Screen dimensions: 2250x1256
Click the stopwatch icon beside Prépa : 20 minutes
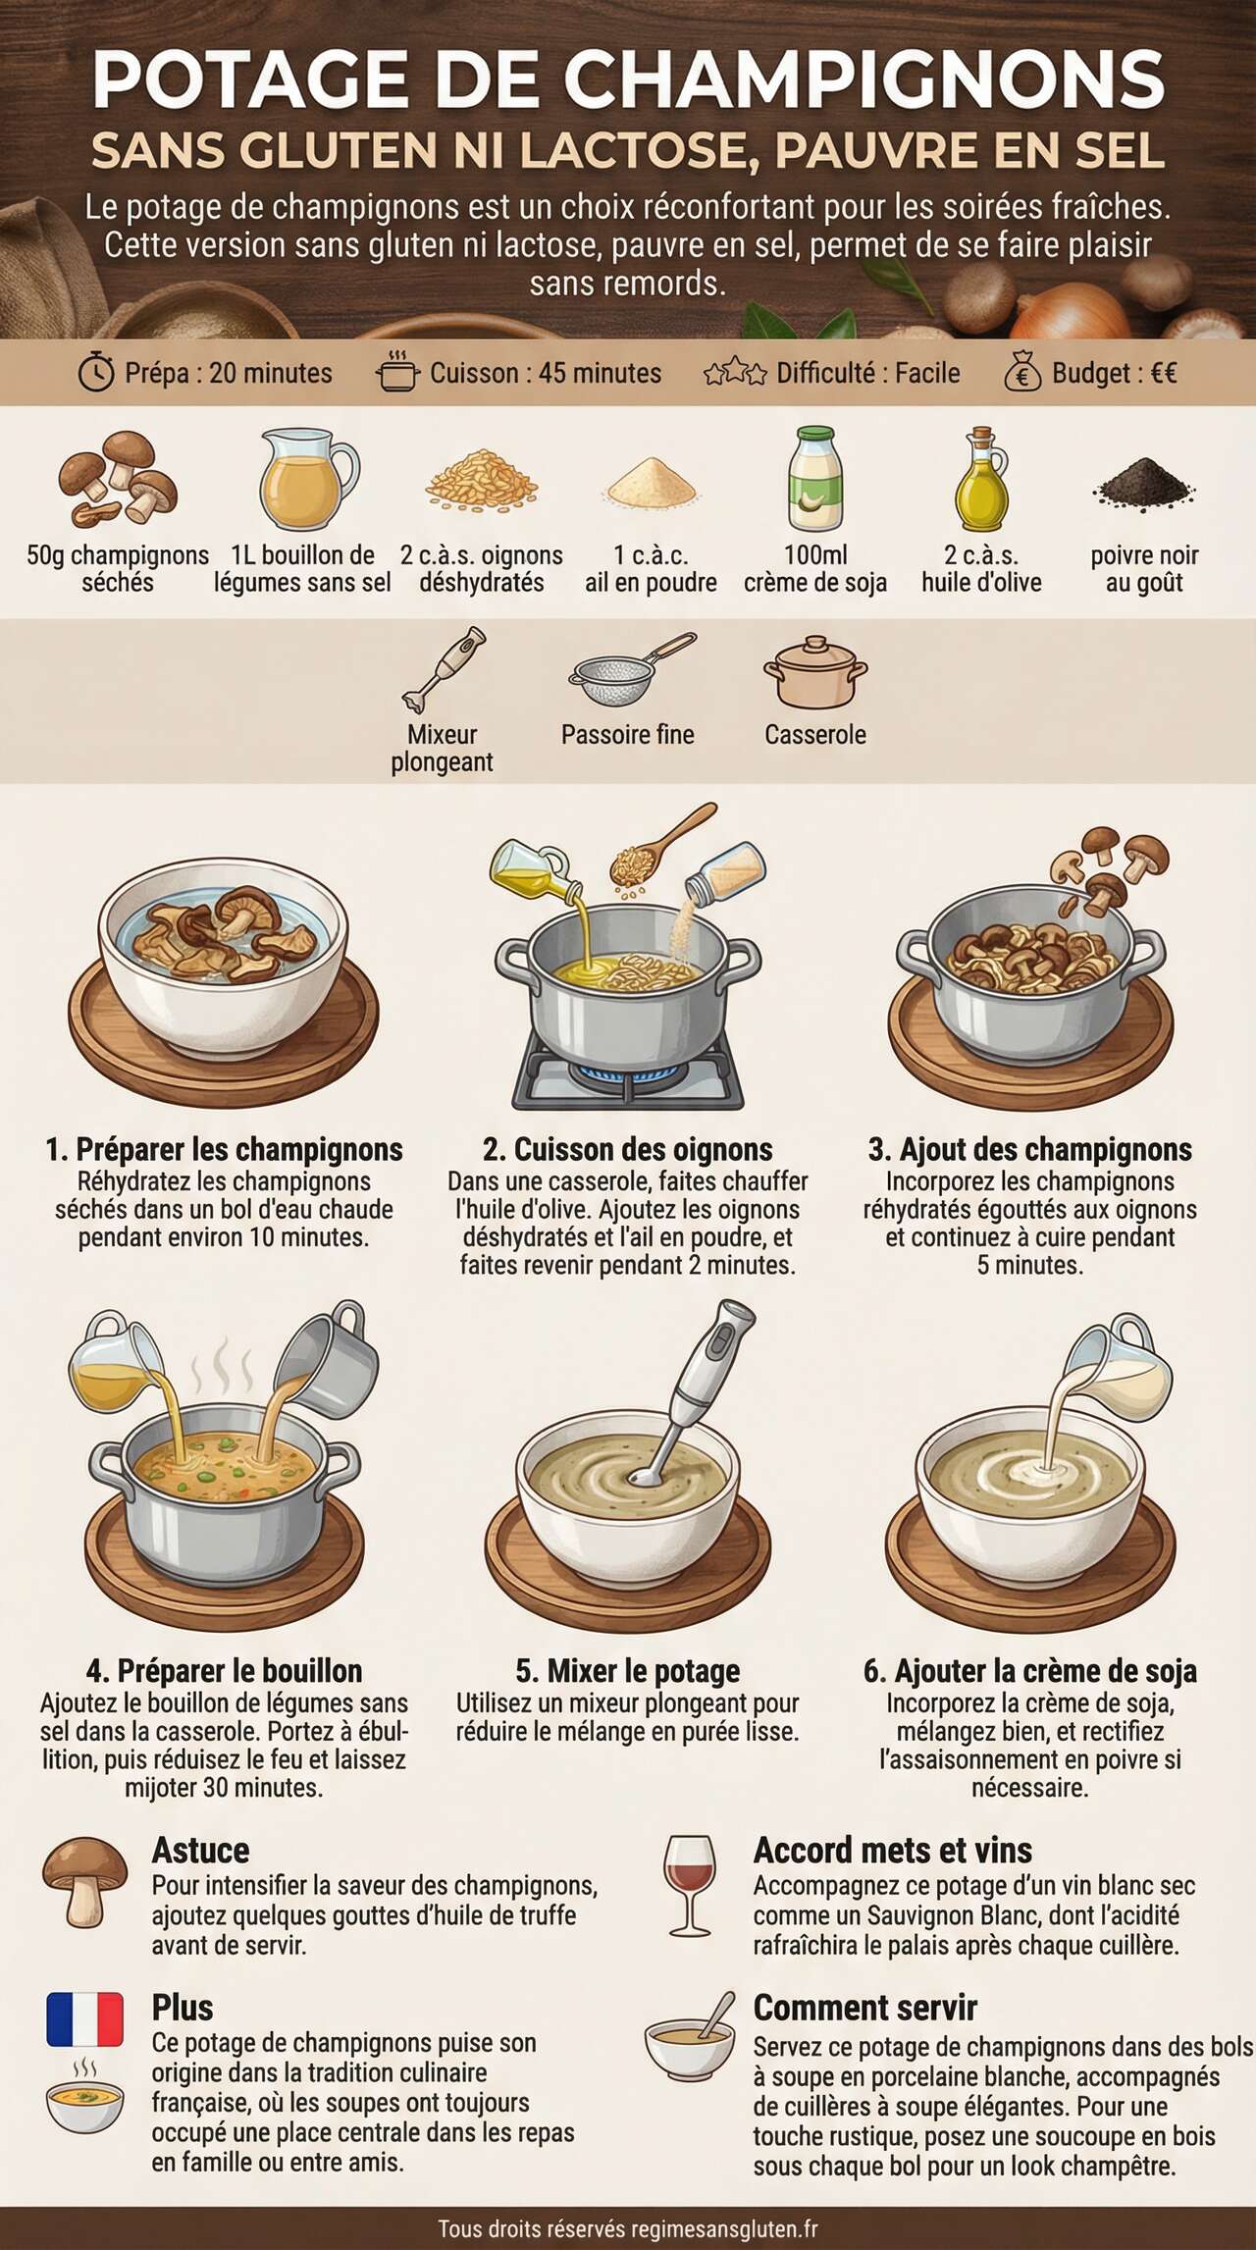[96, 373]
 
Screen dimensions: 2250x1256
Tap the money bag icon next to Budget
[1022, 372]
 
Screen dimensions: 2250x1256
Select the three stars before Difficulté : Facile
[734, 373]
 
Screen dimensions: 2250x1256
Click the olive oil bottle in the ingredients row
[981, 480]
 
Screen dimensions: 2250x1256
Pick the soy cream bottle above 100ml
[815, 479]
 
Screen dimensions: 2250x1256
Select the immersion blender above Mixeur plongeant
[444, 669]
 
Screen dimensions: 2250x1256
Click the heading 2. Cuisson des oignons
[627, 1149]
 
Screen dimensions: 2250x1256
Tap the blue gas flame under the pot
[627, 1073]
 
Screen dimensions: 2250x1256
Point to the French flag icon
[84, 2018]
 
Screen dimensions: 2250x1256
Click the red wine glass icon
[690, 1884]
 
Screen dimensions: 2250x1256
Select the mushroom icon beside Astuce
[84, 1880]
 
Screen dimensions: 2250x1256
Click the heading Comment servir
[864, 2008]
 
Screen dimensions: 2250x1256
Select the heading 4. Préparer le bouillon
[224, 1670]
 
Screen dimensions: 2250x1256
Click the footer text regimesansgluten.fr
[724, 2229]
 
